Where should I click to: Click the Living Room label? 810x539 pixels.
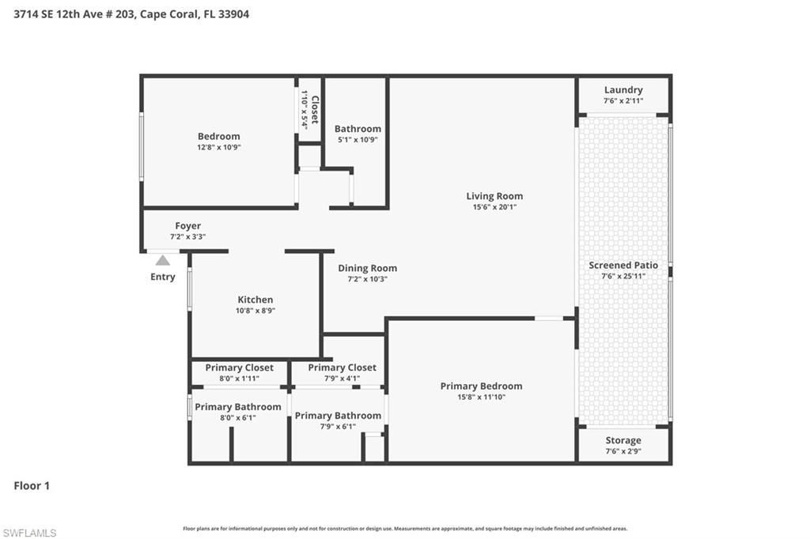point(494,196)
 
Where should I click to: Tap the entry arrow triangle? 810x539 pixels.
point(162,260)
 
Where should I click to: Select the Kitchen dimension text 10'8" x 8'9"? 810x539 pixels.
point(255,311)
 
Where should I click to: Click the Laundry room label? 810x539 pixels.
point(623,90)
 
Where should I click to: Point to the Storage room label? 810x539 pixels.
point(623,440)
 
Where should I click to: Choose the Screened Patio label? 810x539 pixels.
point(623,265)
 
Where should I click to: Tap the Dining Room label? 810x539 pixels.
point(367,268)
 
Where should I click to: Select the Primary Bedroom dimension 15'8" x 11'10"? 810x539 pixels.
point(481,397)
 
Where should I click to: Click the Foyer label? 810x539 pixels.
point(187,226)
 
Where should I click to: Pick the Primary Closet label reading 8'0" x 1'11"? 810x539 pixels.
point(239,367)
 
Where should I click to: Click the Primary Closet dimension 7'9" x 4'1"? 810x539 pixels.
point(342,379)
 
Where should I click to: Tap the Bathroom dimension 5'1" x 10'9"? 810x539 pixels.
point(358,140)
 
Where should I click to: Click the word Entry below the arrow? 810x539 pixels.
point(162,277)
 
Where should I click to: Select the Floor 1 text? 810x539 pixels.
point(32,486)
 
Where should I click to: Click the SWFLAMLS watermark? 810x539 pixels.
point(29,533)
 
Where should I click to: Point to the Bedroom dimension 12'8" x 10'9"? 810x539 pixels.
point(218,147)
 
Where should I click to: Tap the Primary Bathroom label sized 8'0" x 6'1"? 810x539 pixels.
point(237,407)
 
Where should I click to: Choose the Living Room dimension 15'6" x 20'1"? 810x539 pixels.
point(494,207)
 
